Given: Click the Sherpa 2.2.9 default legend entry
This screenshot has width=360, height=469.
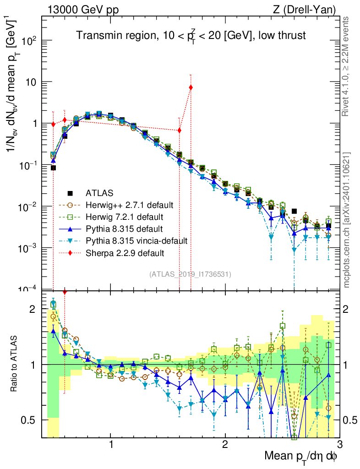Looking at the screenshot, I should (x=123, y=252).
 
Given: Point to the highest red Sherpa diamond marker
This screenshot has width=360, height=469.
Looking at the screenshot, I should (x=191, y=87).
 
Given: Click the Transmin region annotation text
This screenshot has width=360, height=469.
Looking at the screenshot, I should (x=191, y=36).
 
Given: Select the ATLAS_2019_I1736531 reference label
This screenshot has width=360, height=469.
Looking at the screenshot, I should (x=190, y=274).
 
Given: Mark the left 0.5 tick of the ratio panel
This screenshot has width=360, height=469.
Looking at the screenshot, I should (x=32, y=420).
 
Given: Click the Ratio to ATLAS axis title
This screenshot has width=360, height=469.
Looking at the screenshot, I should (x=15, y=364).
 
